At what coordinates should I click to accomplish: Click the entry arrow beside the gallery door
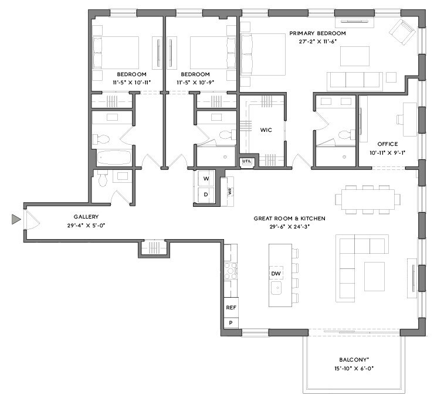(x=16, y=219)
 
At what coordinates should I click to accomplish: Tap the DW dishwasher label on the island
(x=276, y=273)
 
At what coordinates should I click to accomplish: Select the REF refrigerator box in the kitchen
(x=231, y=308)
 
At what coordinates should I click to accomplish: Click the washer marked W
(x=206, y=179)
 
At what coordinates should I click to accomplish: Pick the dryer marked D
(x=206, y=195)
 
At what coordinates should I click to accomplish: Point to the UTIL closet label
(x=247, y=161)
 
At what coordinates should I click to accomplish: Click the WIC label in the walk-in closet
(x=266, y=130)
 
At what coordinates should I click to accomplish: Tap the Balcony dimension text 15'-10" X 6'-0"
(x=354, y=369)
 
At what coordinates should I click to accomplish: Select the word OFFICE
(x=387, y=144)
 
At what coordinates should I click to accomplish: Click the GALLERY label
(x=86, y=217)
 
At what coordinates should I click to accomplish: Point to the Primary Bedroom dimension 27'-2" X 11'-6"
(x=317, y=41)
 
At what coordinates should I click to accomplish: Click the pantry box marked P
(x=231, y=323)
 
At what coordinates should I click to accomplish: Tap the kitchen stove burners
(x=231, y=271)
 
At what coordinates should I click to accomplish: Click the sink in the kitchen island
(x=277, y=288)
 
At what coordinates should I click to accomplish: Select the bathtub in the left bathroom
(x=114, y=158)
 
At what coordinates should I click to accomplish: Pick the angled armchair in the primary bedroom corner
(x=402, y=31)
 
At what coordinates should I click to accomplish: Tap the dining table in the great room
(x=368, y=199)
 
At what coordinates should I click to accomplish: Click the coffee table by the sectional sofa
(x=374, y=277)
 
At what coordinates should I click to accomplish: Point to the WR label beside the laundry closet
(x=230, y=192)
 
